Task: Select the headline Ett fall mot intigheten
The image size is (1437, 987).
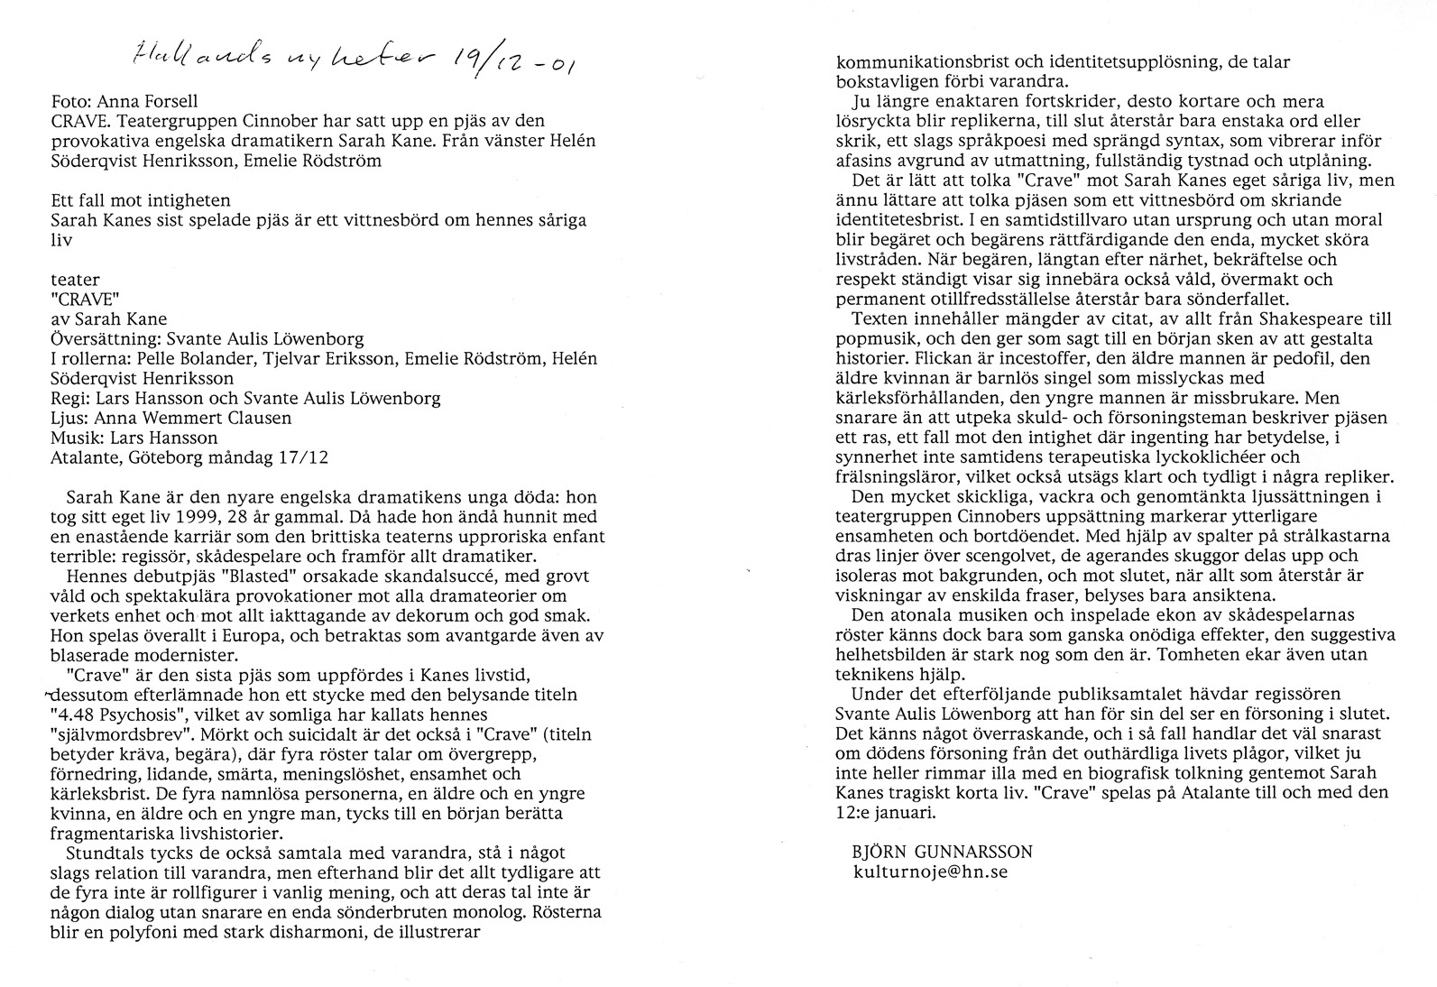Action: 140,200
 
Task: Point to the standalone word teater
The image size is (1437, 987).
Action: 75,280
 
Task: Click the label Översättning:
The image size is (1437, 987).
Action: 104,339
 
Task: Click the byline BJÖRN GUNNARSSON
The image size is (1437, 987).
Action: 942,852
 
